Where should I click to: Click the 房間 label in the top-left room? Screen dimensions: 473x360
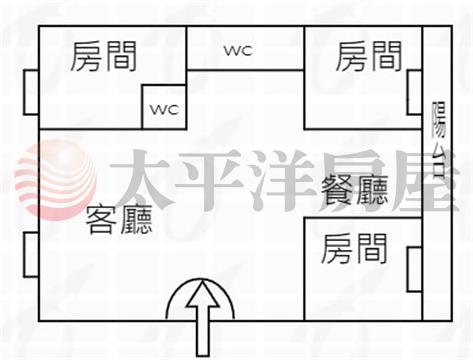point(104,57)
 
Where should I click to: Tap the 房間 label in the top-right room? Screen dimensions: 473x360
point(369,57)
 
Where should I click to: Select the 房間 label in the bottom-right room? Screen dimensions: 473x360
point(354,249)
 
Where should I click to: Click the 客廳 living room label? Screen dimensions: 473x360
point(119,219)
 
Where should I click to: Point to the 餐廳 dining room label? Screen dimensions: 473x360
point(355,189)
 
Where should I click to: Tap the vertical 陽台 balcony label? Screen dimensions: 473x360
point(439,139)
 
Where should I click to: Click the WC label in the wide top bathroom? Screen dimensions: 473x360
point(238,51)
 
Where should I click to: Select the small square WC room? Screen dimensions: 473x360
point(164,107)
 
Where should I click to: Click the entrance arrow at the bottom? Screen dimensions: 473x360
point(203,318)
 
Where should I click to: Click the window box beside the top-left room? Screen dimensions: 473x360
point(31,92)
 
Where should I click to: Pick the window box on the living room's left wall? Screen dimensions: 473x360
point(31,255)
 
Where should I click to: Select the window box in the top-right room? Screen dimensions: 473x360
point(415,92)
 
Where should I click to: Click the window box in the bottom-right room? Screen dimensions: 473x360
point(415,269)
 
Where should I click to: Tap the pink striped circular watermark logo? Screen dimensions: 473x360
point(56,180)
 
